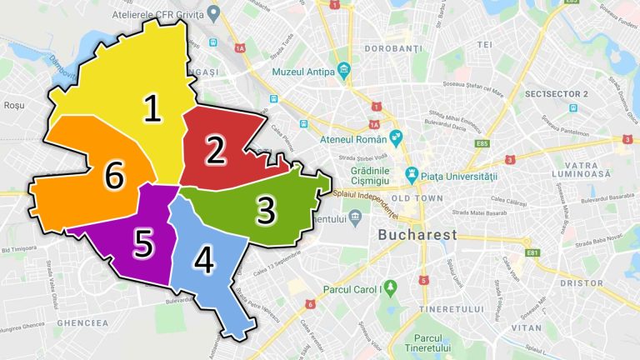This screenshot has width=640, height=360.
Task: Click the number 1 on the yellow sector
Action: pyautogui.click(x=152, y=109)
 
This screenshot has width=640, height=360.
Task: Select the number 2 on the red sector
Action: pyautogui.click(x=216, y=150)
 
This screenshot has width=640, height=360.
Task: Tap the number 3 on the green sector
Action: pyautogui.click(x=265, y=211)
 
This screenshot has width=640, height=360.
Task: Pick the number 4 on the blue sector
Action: pyautogui.click(x=203, y=262)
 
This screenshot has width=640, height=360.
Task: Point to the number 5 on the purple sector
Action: pyautogui.click(x=144, y=244)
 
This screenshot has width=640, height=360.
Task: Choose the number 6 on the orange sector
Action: pyautogui.click(x=115, y=177)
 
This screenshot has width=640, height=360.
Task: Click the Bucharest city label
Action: pyautogui.click(x=417, y=235)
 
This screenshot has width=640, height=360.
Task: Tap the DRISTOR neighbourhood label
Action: pyautogui.click(x=582, y=283)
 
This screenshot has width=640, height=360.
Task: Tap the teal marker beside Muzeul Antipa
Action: pyautogui.click(x=343, y=70)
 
